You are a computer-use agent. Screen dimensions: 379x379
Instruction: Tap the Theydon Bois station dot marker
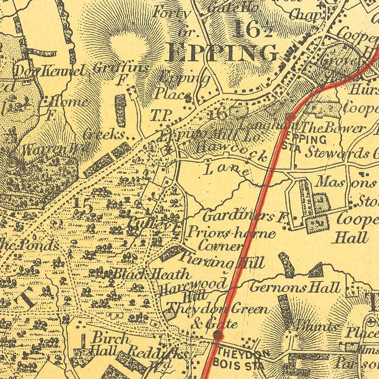[x=218, y=335]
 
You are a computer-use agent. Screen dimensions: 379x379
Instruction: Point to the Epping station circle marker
[x=290, y=117]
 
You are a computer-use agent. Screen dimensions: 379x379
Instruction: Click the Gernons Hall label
[x=294, y=288]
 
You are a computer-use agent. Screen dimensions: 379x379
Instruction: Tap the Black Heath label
[x=151, y=274]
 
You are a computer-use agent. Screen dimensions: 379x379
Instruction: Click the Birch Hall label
[x=105, y=343]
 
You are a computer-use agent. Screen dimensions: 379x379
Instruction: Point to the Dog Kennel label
[x=50, y=70]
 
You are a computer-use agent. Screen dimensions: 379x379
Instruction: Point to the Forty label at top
[x=172, y=13]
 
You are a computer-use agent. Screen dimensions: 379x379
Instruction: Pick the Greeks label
[x=104, y=134]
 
